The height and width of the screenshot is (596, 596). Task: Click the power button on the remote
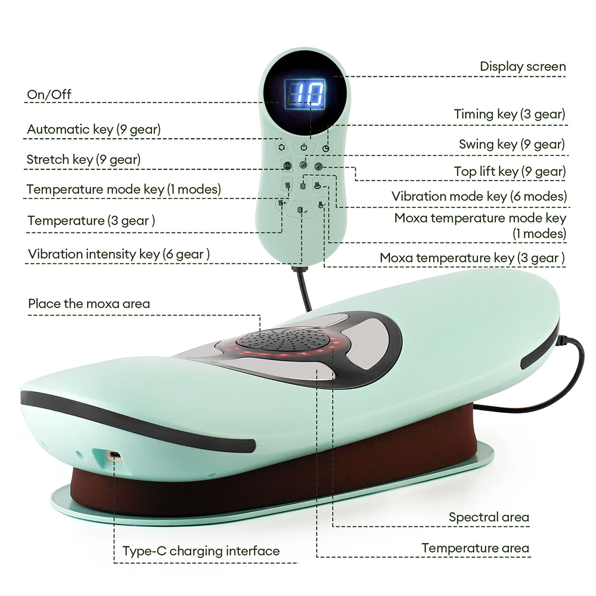tap(303, 147)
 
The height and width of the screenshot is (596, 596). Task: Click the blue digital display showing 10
tap(304, 93)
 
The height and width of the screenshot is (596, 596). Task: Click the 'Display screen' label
tap(523, 66)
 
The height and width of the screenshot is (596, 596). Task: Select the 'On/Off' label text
tap(49, 94)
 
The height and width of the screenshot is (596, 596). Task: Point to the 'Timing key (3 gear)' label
tap(509, 114)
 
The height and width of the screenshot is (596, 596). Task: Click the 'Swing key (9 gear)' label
tap(511, 144)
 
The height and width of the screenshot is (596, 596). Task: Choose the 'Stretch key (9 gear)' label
tap(83, 159)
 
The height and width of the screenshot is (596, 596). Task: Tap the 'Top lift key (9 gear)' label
tap(509, 172)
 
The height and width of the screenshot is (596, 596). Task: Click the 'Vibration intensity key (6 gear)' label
tap(119, 254)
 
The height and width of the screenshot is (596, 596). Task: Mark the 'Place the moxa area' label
tap(89, 303)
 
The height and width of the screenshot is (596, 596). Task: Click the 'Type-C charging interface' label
tap(201, 551)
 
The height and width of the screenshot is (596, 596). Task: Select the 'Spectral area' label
tap(489, 517)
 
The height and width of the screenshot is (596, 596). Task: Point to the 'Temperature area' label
tap(475, 548)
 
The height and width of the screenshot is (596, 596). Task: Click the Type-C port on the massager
tap(113, 456)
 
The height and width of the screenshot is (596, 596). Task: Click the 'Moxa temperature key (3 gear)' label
tap(473, 258)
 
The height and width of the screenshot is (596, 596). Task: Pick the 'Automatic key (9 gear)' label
tap(94, 129)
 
